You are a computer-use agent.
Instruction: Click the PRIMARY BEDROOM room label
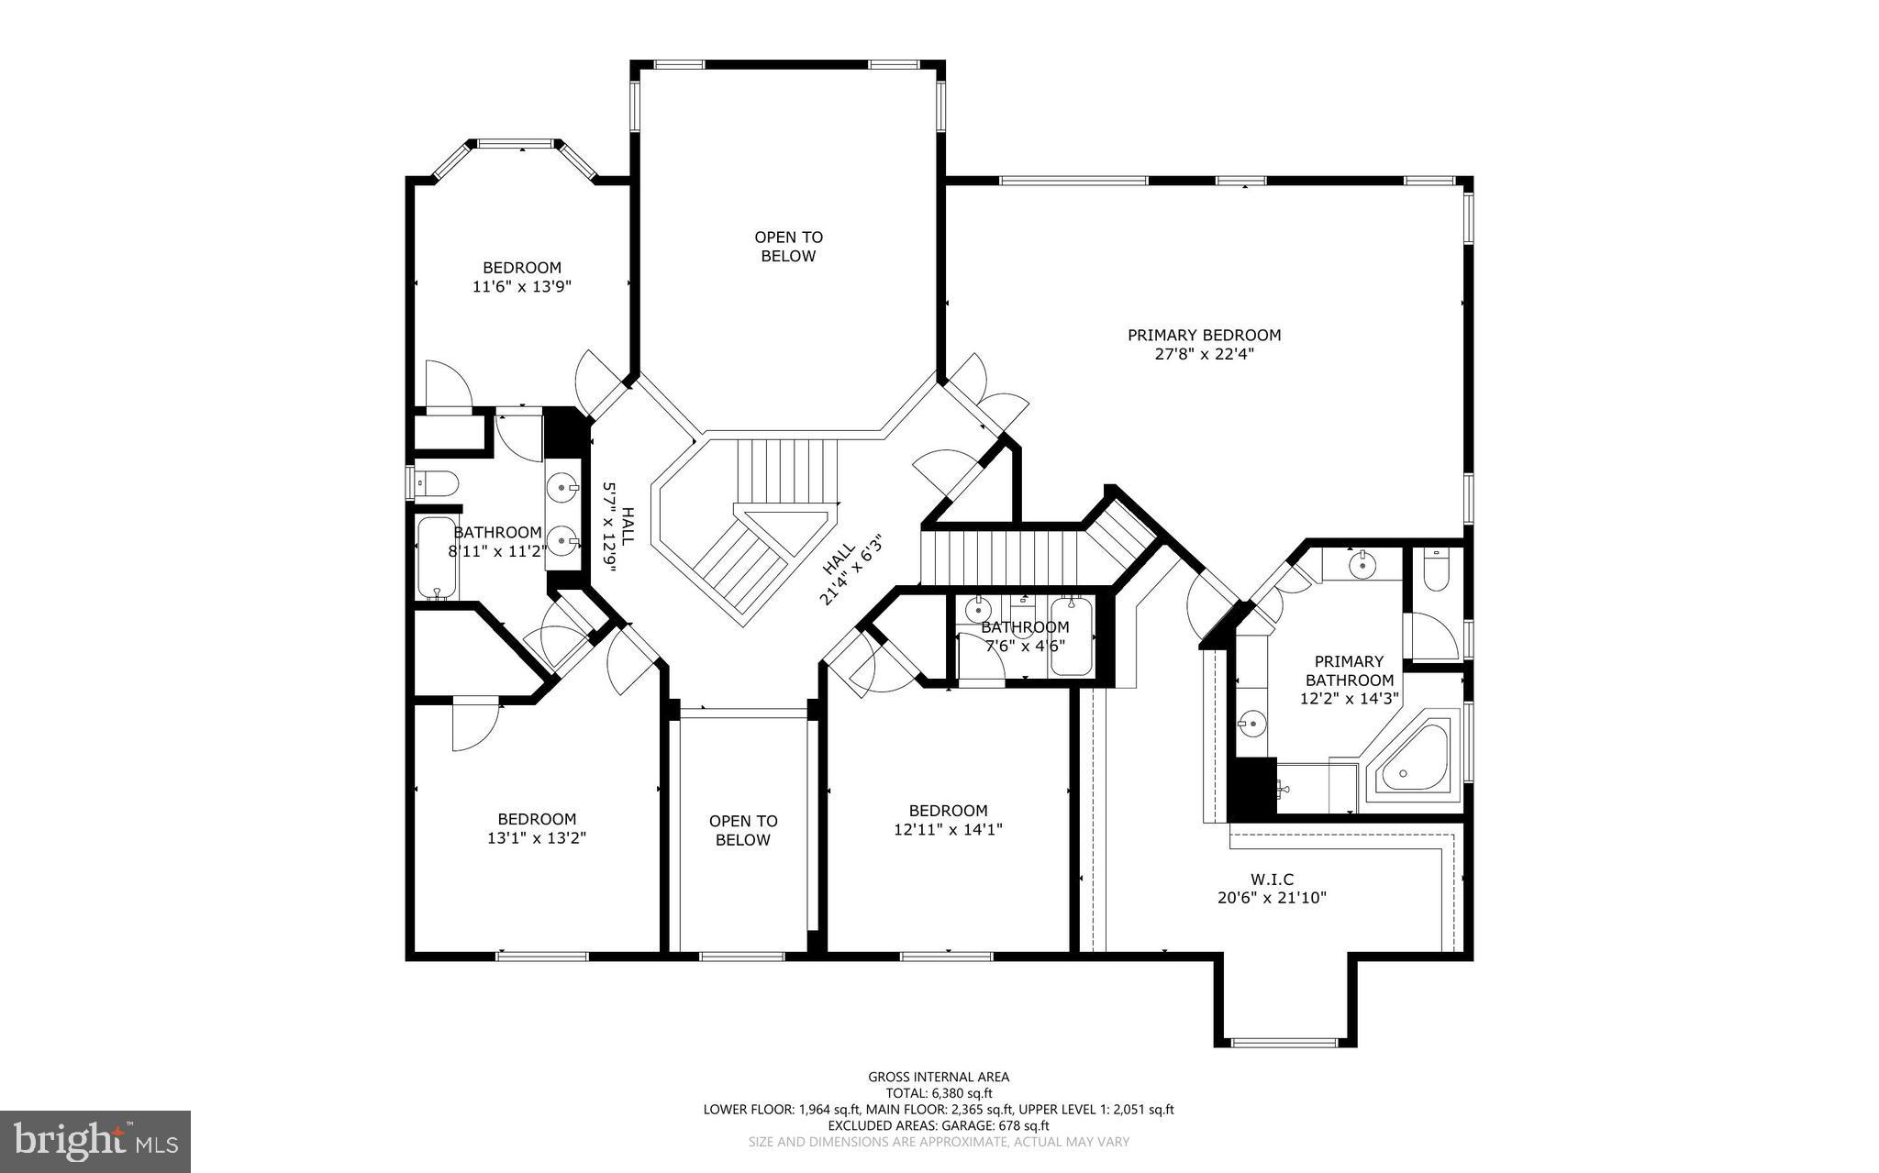click(x=1204, y=336)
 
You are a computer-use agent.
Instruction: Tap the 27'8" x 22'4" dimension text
click(x=1204, y=354)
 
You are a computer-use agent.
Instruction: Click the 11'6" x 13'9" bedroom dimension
click(x=522, y=287)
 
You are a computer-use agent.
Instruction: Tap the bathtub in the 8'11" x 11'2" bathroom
click(x=432, y=558)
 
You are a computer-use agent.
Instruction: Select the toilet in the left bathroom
click(x=435, y=481)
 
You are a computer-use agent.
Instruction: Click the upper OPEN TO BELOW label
click(x=788, y=247)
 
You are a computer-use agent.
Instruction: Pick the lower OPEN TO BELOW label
click(x=742, y=831)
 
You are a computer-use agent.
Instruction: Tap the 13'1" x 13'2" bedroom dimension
click(x=537, y=838)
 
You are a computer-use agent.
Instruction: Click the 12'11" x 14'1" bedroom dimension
click(x=948, y=830)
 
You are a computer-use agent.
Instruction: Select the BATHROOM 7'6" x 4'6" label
click(x=1025, y=636)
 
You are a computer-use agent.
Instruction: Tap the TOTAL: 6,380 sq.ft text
click(x=939, y=1093)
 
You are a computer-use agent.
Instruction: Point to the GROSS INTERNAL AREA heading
click(x=939, y=1077)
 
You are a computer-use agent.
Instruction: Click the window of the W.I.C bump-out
click(x=1284, y=1043)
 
